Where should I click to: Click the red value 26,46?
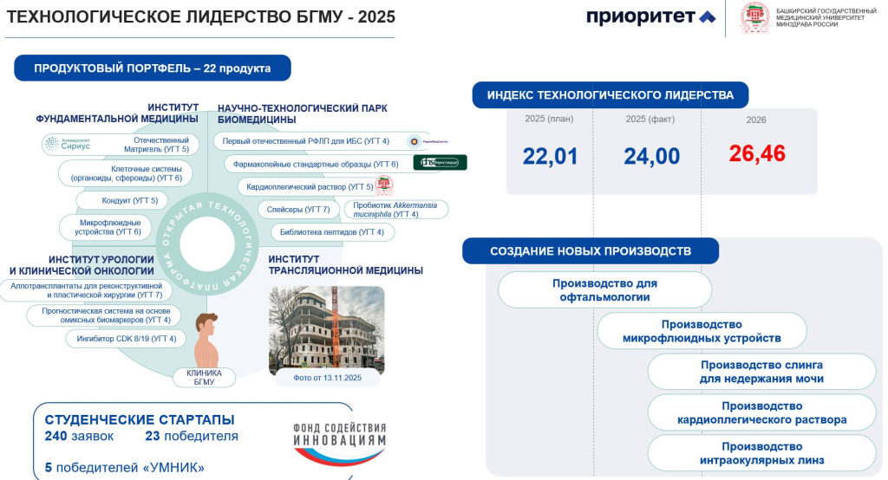click(x=757, y=154)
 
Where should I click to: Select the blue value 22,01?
click(x=550, y=157)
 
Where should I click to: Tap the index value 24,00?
click(x=651, y=157)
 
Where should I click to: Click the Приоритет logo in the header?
click(x=651, y=17)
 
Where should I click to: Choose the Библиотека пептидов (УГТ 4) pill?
click(x=333, y=232)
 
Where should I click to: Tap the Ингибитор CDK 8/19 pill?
click(x=127, y=339)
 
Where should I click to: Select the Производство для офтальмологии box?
click(x=604, y=290)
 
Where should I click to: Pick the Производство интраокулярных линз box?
click(x=761, y=453)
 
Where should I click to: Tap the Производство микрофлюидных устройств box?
click(x=702, y=331)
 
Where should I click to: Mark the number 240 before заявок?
click(x=56, y=437)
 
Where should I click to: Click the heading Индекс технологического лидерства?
click(x=610, y=95)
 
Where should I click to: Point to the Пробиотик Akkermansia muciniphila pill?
click(x=396, y=210)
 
